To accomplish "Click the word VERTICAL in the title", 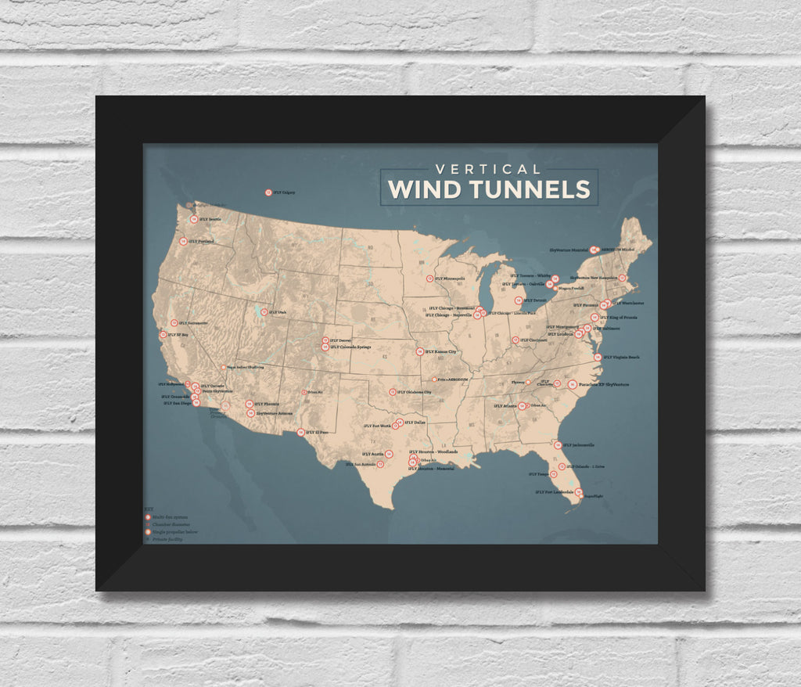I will pos(488,169).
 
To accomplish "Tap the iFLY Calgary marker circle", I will pos(268,192).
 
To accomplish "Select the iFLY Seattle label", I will pos(209,220).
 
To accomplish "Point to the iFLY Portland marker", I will pos(183,241).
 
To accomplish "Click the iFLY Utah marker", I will pos(264,312).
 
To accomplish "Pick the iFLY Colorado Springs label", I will pos(350,347).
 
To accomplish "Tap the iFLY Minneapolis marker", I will pos(429,279).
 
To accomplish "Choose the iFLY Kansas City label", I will pos(440,352).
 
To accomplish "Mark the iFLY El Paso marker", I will pos(300,431).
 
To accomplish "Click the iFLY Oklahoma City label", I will pos(415,392).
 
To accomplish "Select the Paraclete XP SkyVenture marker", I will pos(573,384).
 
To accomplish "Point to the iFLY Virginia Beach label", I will pos(621,358).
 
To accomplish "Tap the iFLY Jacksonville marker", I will pos(558,444).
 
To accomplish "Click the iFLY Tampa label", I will pos(539,474).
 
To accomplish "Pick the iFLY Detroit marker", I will pos(518,300).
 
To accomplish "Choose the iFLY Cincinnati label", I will pos(533,340).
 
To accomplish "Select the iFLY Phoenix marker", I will pos(249,405).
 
